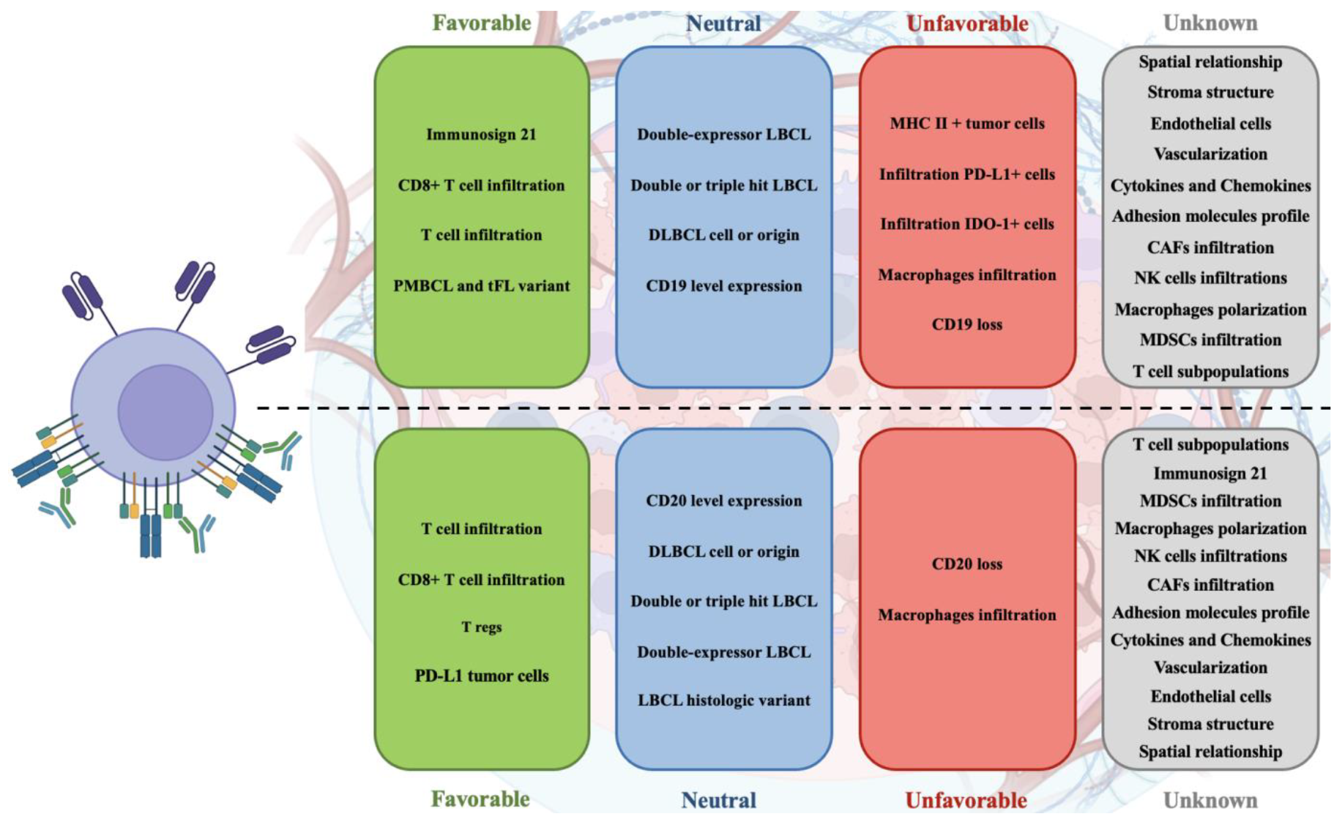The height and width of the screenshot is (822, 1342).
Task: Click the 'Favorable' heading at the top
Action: pos(481,23)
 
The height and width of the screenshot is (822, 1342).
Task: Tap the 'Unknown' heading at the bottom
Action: pos(1209,800)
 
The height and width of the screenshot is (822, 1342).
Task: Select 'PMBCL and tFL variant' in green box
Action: pos(481,286)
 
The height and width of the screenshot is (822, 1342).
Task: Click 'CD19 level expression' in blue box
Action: pos(723,286)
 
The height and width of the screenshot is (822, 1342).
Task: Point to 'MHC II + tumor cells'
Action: pos(966,124)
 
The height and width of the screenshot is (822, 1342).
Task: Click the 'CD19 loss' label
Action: pos(966,324)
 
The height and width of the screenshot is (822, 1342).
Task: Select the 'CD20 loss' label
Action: pos(966,564)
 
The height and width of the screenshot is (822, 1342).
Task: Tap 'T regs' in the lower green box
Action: pos(481,627)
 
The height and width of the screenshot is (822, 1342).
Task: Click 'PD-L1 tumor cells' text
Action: pos(481,676)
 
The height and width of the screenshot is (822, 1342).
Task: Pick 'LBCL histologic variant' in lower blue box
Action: pos(723,700)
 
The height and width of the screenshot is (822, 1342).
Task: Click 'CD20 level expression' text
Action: pos(723,501)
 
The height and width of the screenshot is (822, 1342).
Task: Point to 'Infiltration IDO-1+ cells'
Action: pos(966,224)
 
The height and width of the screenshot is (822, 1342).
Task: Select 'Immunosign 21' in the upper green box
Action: pos(481,135)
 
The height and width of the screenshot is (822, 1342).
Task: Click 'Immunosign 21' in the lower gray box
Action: pos(1209,474)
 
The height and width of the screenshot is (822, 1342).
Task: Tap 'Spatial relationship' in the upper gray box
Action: pos(1209,62)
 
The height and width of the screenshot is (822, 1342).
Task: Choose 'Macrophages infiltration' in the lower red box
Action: pos(966,615)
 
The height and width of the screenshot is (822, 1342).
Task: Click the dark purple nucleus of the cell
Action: pos(165,411)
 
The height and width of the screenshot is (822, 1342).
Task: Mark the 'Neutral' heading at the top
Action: pos(723,23)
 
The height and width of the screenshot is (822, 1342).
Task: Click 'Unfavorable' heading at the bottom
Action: pos(966,800)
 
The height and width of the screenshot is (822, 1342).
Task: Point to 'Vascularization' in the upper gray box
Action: pos(1209,154)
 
